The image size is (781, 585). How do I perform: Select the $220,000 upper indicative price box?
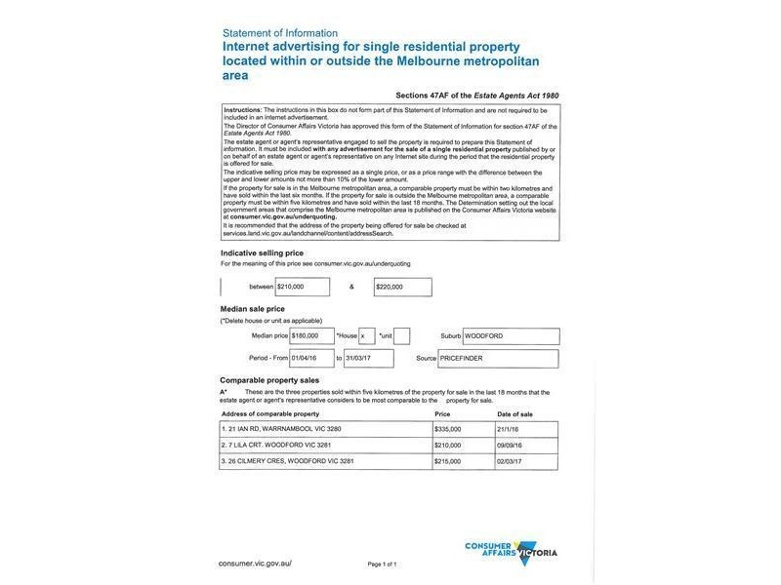402,287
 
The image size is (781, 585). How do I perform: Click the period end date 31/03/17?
369,358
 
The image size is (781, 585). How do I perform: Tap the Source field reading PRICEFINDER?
512,358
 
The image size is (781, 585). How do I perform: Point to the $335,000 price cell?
449,428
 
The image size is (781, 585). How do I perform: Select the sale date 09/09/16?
517,445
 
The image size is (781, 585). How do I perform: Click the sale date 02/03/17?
517,461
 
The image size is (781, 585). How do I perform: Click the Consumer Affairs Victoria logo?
511,551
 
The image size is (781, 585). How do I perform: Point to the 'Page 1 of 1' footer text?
382,564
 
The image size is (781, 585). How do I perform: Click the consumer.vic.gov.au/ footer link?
255,563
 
